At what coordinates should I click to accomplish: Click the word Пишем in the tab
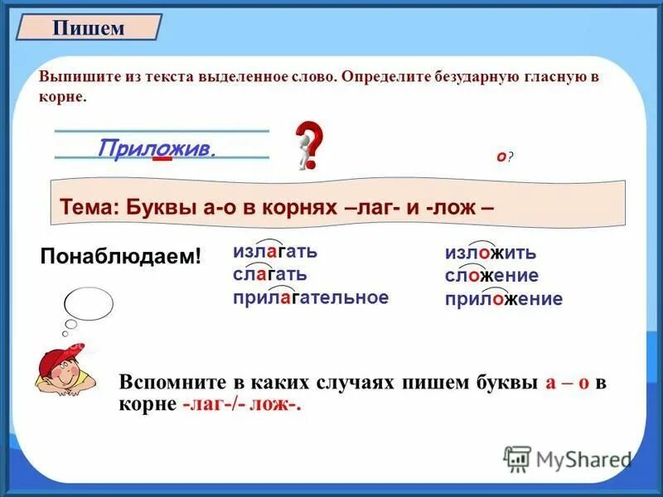pos(89,28)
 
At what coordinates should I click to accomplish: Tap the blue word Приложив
pos(157,148)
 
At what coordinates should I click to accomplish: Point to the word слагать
pos(270,274)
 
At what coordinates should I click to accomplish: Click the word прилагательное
pos(311,297)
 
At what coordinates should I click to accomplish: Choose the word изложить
pos(491,253)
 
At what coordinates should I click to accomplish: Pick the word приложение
pos(503,298)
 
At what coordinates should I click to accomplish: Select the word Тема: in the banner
pos(90,206)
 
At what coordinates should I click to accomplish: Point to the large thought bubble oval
pos(83,305)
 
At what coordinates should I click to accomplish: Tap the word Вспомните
pos(170,383)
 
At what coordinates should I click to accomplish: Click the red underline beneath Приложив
pos(162,159)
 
